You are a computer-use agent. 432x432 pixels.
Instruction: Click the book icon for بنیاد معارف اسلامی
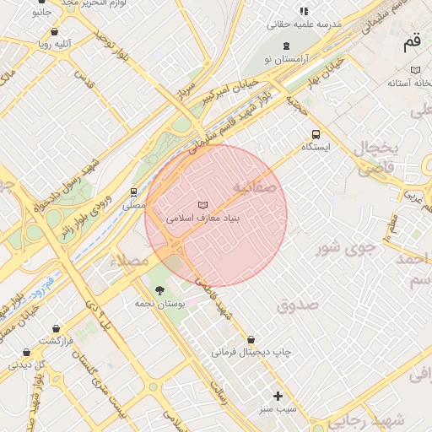pyautogui.click(x=202, y=205)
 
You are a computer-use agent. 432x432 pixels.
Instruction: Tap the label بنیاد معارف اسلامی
pyautogui.click(x=203, y=218)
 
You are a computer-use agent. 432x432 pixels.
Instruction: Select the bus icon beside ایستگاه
pyautogui.click(x=316, y=134)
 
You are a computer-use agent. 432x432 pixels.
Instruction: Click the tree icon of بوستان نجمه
pyautogui.click(x=160, y=291)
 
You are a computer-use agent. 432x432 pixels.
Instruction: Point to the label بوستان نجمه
pyautogui.click(x=160, y=303)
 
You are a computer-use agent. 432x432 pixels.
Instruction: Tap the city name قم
pyautogui.click(x=412, y=40)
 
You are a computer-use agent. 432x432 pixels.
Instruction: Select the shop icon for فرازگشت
pyautogui.click(x=56, y=328)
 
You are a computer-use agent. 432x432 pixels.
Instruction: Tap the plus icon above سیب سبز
pyautogui.click(x=278, y=396)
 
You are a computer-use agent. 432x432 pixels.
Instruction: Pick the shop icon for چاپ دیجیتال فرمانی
pyautogui.click(x=250, y=338)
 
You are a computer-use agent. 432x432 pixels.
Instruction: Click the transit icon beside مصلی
pyautogui.click(x=133, y=192)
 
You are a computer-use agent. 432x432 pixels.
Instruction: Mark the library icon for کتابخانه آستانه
pyautogui.click(x=414, y=70)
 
